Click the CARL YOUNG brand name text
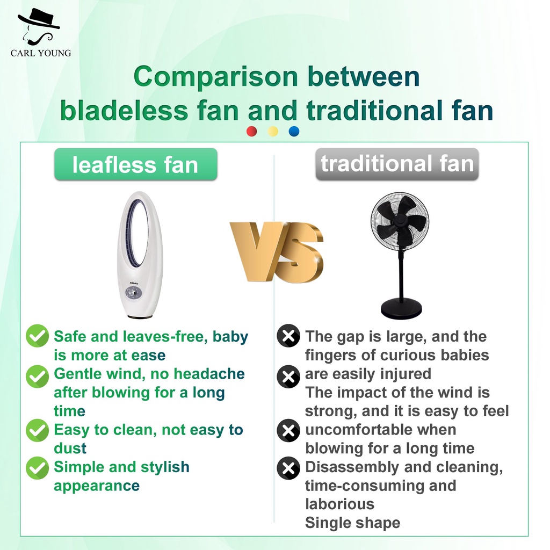pos(41,53)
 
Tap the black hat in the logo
pos(39,19)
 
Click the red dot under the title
pos(251,131)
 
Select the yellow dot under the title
pos(273,131)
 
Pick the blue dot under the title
pos(294,131)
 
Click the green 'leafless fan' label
pos(136,164)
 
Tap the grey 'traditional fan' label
pos(397,164)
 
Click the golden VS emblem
pos(277,252)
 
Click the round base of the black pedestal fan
pos(401,308)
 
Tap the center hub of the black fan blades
pos(400,220)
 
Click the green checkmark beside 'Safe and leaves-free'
pos(37,336)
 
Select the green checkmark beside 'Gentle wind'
pos(37,377)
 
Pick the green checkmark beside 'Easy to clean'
pos(37,430)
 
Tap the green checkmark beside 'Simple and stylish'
pos(37,468)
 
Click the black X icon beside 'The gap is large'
pos(288,336)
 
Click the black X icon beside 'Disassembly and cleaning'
pos(288,468)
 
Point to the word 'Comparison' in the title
pos(216,77)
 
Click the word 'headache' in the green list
pos(209,374)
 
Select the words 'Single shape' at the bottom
pos(352,523)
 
